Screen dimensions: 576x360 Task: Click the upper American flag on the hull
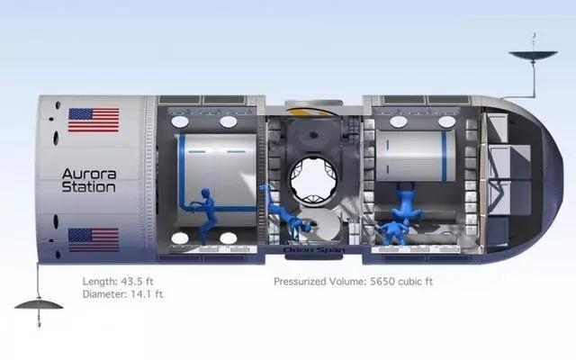tap(94, 120)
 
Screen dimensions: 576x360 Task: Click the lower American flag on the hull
tap(94, 240)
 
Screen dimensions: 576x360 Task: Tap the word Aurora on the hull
tap(89, 174)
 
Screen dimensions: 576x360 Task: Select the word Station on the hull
tap(88, 187)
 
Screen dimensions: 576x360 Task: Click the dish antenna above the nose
tap(534, 54)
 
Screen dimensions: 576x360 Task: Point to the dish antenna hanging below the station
tap(39, 304)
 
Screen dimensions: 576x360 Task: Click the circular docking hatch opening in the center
tap(313, 179)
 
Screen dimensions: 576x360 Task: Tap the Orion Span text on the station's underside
tap(314, 250)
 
